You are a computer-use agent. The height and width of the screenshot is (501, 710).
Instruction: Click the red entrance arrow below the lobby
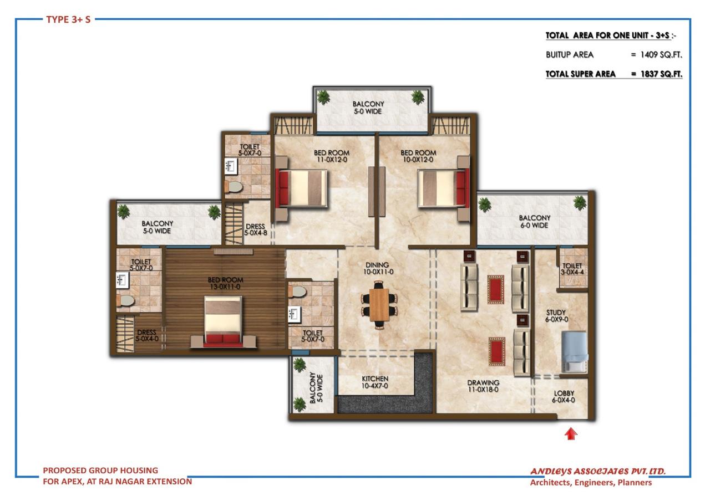click(x=570, y=434)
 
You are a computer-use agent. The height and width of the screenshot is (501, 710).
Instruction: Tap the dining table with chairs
click(x=380, y=305)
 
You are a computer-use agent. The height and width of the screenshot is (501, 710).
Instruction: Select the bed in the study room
click(x=574, y=351)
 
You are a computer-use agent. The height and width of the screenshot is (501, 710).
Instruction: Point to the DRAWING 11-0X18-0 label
click(x=483, y=386)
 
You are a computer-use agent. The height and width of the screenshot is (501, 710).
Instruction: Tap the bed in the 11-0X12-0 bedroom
click(x=302, y=188)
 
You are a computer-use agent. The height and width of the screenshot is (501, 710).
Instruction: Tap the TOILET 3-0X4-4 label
click(x=572, y=269)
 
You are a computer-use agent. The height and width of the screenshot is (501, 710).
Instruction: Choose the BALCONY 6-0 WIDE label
click(x=534, y=222)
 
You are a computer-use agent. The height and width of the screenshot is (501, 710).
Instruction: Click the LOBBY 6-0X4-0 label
click(x=564, y=397)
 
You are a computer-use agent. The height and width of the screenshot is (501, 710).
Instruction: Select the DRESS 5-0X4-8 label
click(x=256, y=229)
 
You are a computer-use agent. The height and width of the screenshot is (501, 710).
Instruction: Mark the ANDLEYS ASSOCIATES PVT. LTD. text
click(x=598, y=472)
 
